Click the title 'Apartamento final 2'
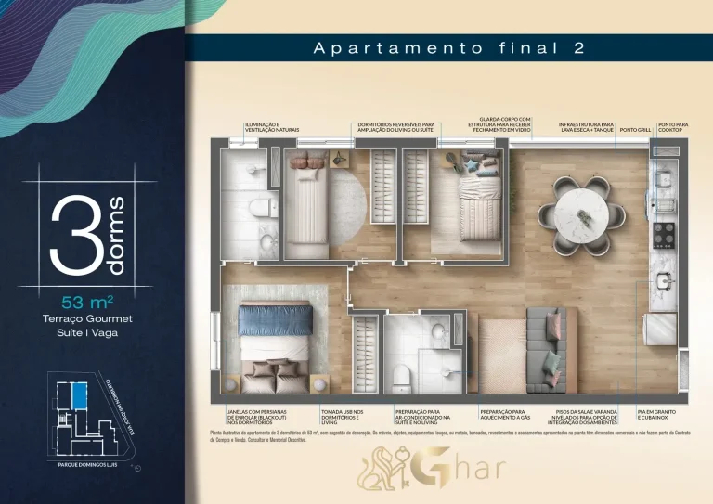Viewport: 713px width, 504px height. point(448,48)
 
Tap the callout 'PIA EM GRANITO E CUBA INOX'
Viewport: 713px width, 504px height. point(663,414)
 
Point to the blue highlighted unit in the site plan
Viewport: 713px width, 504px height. point(80,397)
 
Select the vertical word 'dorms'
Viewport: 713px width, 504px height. point(117,235)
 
